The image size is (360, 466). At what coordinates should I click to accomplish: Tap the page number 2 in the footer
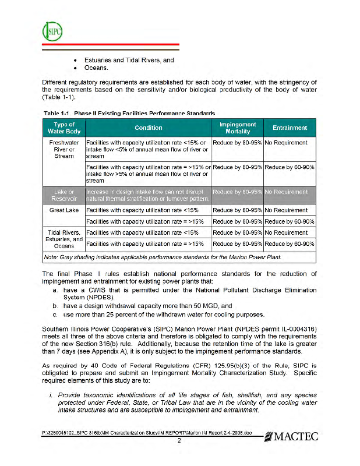click(x=180, y=440)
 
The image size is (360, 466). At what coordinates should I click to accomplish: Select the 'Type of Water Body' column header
click(x=64, y=128)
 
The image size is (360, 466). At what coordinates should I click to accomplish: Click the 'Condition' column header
click(x=149, y=128)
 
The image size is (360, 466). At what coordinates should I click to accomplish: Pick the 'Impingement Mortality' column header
click(x=238, y=128)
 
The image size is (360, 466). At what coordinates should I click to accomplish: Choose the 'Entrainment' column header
click(x=290, y=128)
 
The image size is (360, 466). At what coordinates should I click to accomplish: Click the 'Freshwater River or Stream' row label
click(x=64, y=149)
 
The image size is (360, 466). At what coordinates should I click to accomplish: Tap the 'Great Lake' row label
click(x=64, y=210)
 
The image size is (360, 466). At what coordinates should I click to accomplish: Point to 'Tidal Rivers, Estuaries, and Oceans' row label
click(x=64, y=238)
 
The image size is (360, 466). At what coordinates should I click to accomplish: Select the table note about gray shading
click(x=163, y=256)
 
